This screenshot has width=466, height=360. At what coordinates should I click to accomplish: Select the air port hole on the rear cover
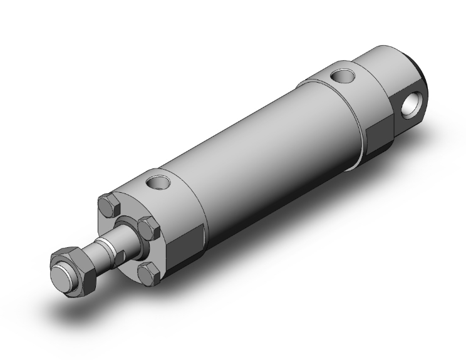343,76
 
